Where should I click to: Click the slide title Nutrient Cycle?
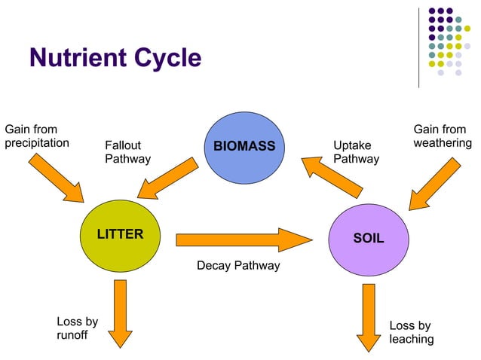115,58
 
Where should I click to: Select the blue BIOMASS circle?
244,146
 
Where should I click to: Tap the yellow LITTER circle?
120,234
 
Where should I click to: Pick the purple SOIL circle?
369,238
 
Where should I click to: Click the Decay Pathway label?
238,266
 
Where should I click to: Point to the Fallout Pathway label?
127,152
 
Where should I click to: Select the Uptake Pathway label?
356,152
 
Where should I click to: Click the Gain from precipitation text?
37,136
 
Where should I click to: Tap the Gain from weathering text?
443,136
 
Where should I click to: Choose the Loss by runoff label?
77,329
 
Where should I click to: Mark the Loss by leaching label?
411,332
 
